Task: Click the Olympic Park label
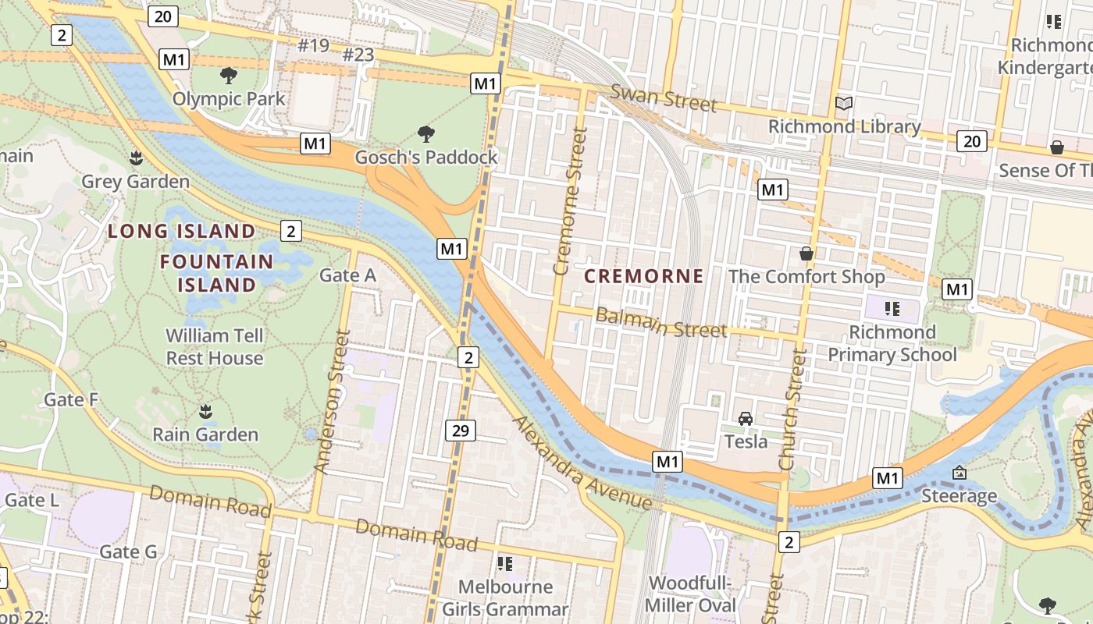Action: pyautogui.click(x=229, y=99)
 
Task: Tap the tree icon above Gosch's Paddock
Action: pyautogui.click(x=426, y=134)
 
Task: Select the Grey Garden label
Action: pyautogui.click(x=136, y=181)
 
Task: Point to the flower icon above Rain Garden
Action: pyautogui.click(x=205, y=411)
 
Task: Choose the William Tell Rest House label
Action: pyautogui.click(x=215, y=347)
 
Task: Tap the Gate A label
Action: pyautogui.click(x=347, y=275)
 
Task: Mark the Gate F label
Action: pyautogui.click(x=71, y=399)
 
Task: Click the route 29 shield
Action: pyautogui.click(x=461, y=430)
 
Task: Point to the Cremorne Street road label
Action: pyautogui.click(x=569, y=202)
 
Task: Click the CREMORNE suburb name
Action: pyautogui.click(x=644, y=276)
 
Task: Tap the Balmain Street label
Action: pyautogui.click(x=661, y=323)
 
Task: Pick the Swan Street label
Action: pyautogui.click(x=663, y=97)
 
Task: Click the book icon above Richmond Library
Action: pyautogui.click(x=843, y=103)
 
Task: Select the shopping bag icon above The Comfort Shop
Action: pyautogui.click(x=806, y=253)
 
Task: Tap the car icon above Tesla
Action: pyautogui.click(x=746, y=419)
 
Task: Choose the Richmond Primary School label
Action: pyautogui.click(x=892, y=343)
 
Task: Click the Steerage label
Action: pyautogui.click(x=959, y=495)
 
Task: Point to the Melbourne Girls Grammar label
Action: pyautogui.click(x=505, y=597)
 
